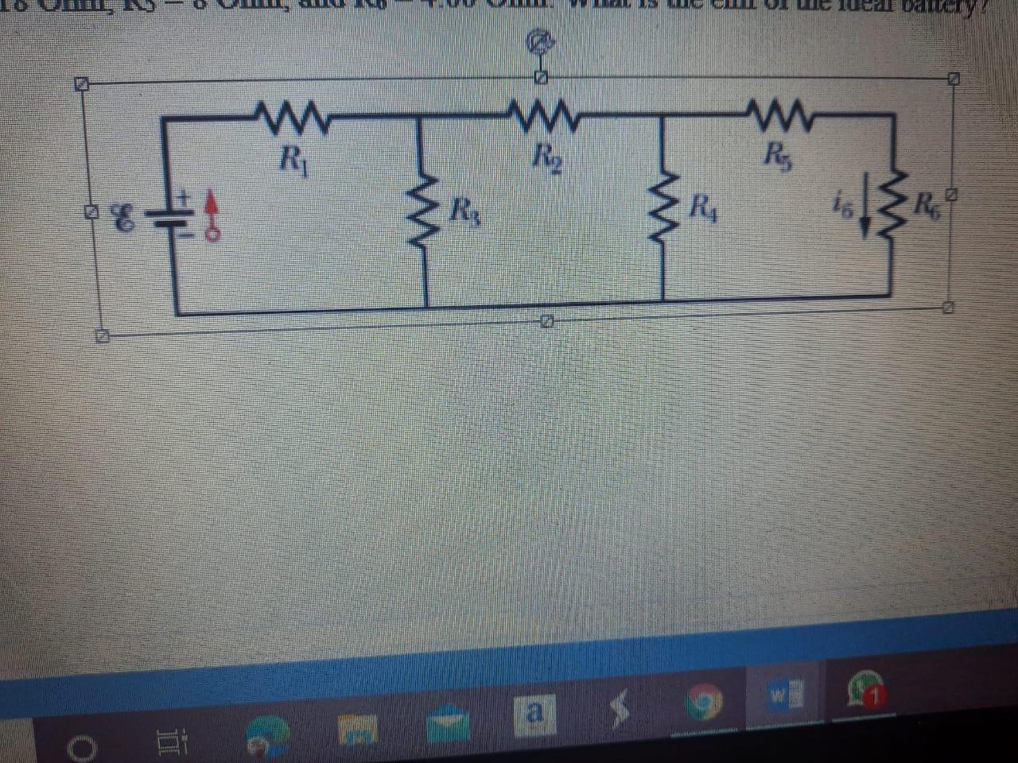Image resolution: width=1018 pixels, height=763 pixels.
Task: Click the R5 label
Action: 771,150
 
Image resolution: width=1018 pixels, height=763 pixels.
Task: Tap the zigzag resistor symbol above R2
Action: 544,114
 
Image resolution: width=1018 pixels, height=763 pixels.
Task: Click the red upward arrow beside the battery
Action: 212,211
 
